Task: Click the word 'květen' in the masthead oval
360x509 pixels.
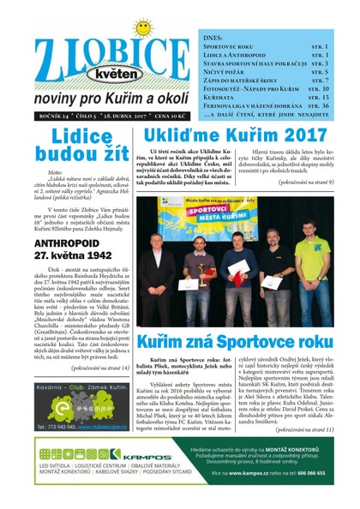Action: pyautogui.click(x=100, y=71)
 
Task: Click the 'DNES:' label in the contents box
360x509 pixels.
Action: pyautogui.click(x=216, y=38)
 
